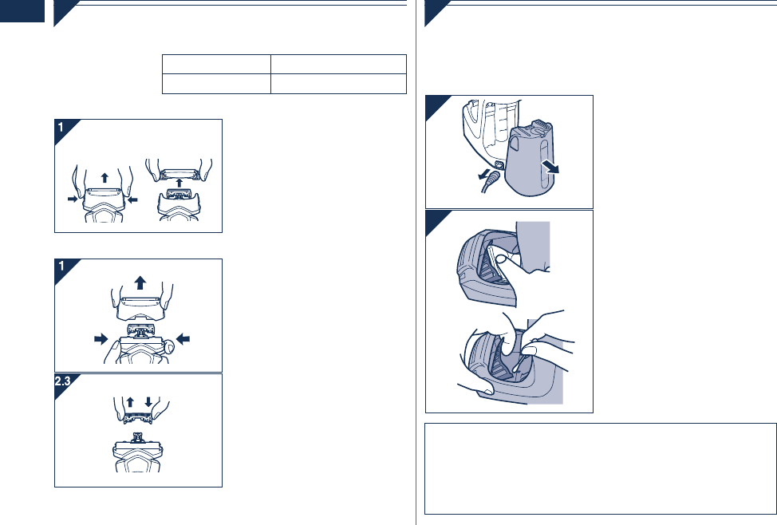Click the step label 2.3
[x=63, y=381]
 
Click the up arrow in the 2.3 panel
[x=130, y=401]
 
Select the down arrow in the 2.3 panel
[x=148, y=401]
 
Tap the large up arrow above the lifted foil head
[x=140, y=282]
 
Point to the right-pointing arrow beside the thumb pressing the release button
[x=101, y=339]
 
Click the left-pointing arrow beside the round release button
[x=183, y=339]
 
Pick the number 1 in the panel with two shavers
[x=61, y=128]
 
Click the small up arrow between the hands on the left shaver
[x=105, y=177]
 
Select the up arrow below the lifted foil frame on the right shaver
[x=179, y=183]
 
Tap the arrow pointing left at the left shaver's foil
[x=132, y=199]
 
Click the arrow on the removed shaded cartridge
[x=550, y=167]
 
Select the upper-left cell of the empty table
[x=216, y=65]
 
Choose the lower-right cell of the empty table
[x=338, y=84]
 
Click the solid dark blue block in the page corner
[x=22, y=11]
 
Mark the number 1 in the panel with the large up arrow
[x=61, y=266]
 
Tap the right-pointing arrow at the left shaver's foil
[x=73, y=199]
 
